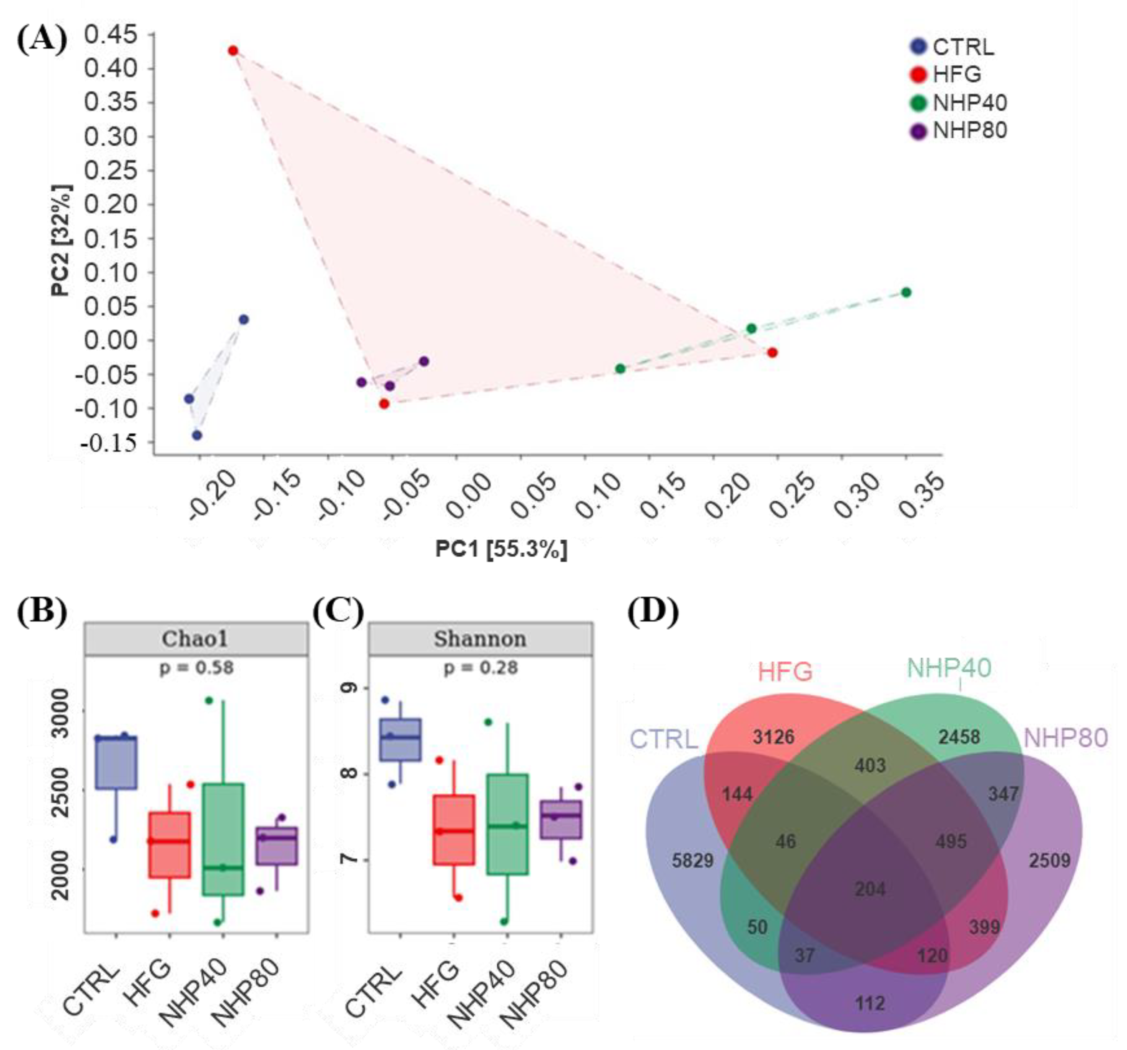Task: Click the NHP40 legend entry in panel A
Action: tap(969, 103)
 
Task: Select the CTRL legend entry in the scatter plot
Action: tap(962, 47)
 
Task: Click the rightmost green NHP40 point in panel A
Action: tap(906, 292)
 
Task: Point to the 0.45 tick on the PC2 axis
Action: tap(111, 35)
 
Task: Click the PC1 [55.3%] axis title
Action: tap(501, 549)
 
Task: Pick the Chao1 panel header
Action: tap(196, 639)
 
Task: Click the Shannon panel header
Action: tap(480, 639)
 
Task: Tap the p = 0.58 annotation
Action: tap(196, 667)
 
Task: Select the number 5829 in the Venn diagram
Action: tap(692, 861)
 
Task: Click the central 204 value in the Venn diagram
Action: tap(869, 889)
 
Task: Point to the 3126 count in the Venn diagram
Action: tap(773, 737)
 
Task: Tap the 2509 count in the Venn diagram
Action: tap(1049, 861)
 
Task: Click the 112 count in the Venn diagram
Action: tap(869, 1004)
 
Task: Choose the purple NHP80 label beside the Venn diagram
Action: tap(1066, 738)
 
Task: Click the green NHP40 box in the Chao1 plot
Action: tap(223, 839)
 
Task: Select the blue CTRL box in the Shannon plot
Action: tap(400, 740)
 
